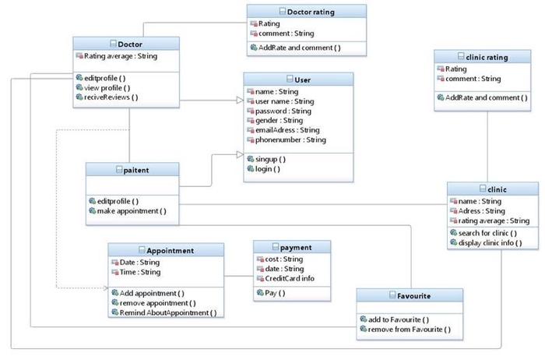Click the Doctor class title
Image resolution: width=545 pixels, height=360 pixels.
coord(129,44)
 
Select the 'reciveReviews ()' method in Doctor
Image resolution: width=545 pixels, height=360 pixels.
coord(112,97)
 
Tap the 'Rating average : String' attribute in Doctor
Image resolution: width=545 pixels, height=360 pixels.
coord(120,56)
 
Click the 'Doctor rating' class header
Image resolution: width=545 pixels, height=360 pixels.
coord(311,12)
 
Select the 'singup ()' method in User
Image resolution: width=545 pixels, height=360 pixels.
coord(270,159)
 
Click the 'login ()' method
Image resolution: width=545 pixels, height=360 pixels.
coord(267,169)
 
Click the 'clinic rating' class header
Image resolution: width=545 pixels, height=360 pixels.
coord(486,57)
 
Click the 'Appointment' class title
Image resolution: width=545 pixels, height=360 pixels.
coord(170,250)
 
